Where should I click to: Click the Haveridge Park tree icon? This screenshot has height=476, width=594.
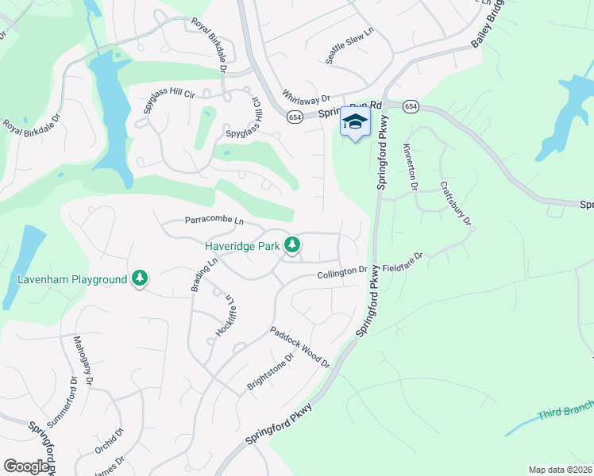pyautogui.click(x=293, y=245)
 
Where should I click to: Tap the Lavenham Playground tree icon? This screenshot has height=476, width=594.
pyautogui.click(x=140, y=278)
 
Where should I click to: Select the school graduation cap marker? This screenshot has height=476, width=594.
pyautogui.click(x=355, y=123)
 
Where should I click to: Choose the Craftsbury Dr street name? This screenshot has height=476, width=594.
pyautogui.click(x=456, y=204)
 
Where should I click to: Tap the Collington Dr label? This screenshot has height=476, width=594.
pyautogui.click(x=342, y=271)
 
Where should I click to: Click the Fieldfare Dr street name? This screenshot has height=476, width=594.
pyautogui.click(x=404, y=263)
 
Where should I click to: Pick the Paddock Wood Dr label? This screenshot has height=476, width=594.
pyautogui.click(x=299, y=347)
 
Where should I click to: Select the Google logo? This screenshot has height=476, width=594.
pyautogui.click(x=26, y=466)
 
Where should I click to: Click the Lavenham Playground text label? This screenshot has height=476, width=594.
pyautogui.click(x=72, y=279)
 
